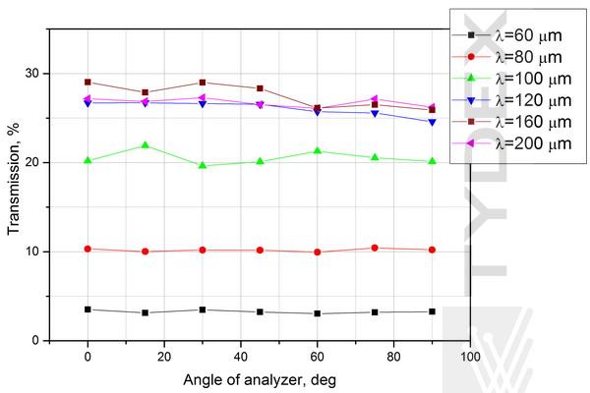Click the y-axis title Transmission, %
14,185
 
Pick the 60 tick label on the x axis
317,355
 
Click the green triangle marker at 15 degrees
146,145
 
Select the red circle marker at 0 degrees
88,249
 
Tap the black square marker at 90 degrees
431,311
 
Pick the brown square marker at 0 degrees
88,83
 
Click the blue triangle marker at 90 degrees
431,122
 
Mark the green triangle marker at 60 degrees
317,150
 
